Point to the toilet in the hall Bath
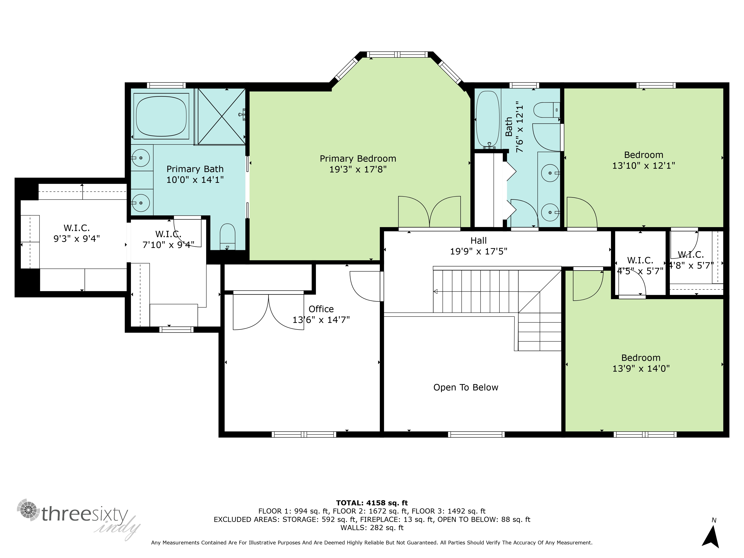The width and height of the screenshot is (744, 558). [x=547, y=110]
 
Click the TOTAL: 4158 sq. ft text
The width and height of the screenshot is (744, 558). [x=372, y=503]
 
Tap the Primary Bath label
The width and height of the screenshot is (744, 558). [x=195, y=169]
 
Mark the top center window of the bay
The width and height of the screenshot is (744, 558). [x=397, y=54]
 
